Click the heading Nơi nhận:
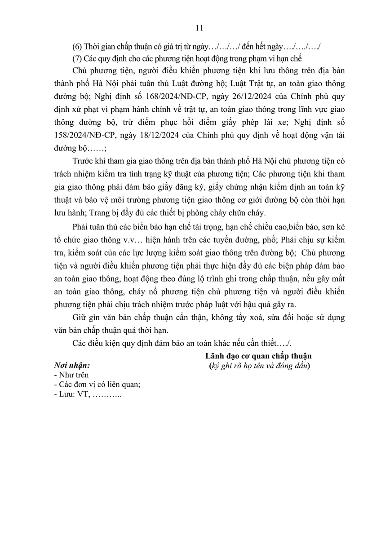[71, 365]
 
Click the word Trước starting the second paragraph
[83, 162]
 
